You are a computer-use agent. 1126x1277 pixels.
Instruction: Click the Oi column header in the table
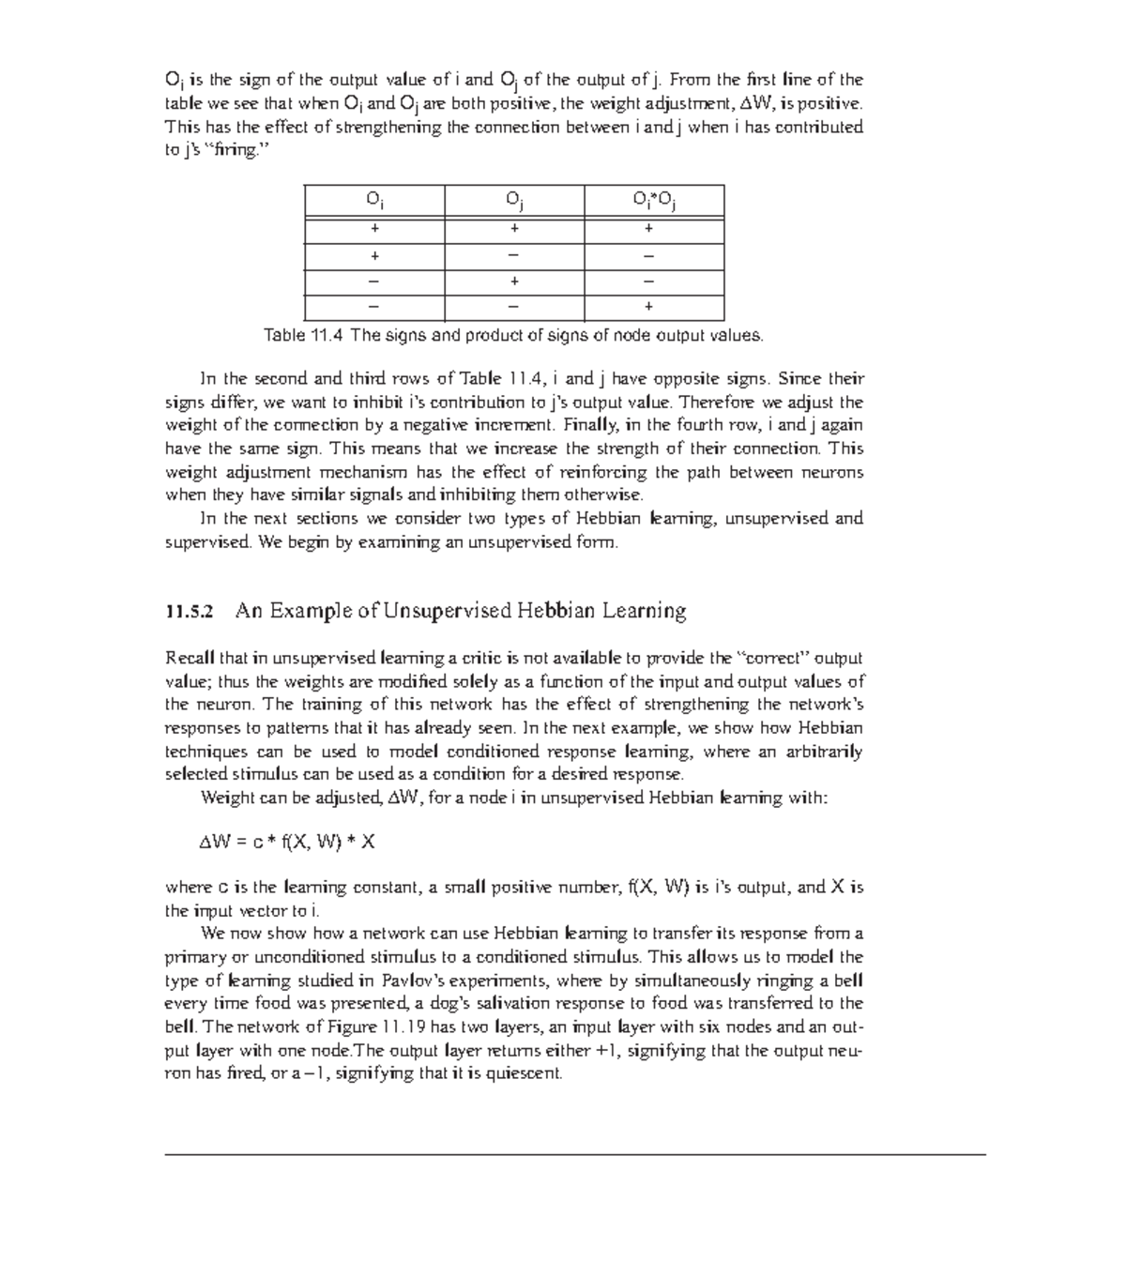click(374, 200)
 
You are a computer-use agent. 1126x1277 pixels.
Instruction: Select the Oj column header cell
click(514, 200)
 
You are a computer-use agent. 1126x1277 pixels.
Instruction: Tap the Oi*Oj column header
click(654, 200)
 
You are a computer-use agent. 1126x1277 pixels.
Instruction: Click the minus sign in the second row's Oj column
click(514, 256)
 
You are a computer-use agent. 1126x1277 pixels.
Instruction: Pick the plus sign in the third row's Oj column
click(514, 281)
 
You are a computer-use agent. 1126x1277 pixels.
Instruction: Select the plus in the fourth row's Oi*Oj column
click(649, 307)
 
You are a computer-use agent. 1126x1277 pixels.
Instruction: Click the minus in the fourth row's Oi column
click(374, 307)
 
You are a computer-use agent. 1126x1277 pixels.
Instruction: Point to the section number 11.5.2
click(190, 613)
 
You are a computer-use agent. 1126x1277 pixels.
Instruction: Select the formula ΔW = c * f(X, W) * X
click(287, 842)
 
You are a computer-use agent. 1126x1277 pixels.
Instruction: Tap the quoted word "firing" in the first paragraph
click(236, 150)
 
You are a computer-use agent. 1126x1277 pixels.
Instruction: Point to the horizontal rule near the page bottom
click(574, 1154)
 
